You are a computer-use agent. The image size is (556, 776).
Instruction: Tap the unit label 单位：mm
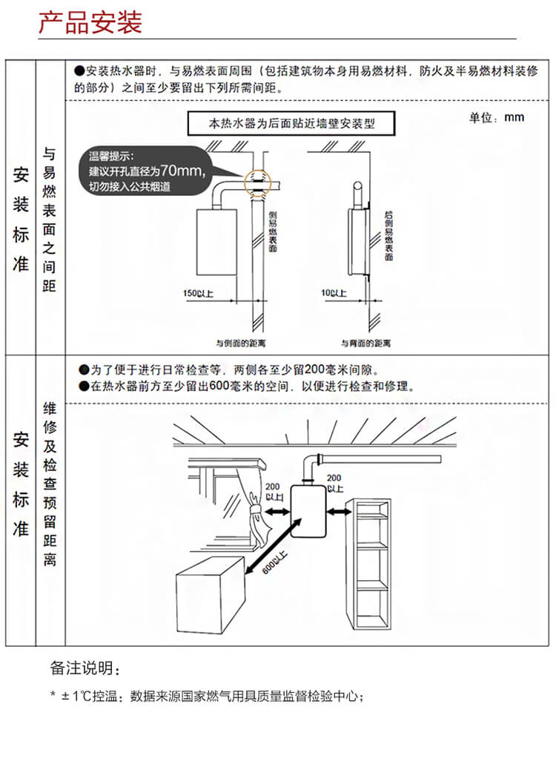pyautogui.click(x=496, y=118)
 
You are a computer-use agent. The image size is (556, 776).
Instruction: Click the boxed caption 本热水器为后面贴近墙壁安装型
pyautogui.click(x=292, y=122)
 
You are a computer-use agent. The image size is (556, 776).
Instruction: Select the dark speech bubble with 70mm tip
pyautogui.click(x=145, y=172)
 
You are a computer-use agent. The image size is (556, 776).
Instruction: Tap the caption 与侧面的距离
pyautogui.click(x=241, y=343)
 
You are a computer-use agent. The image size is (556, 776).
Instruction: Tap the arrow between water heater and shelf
pyautogui.click(x=340, y=512)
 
